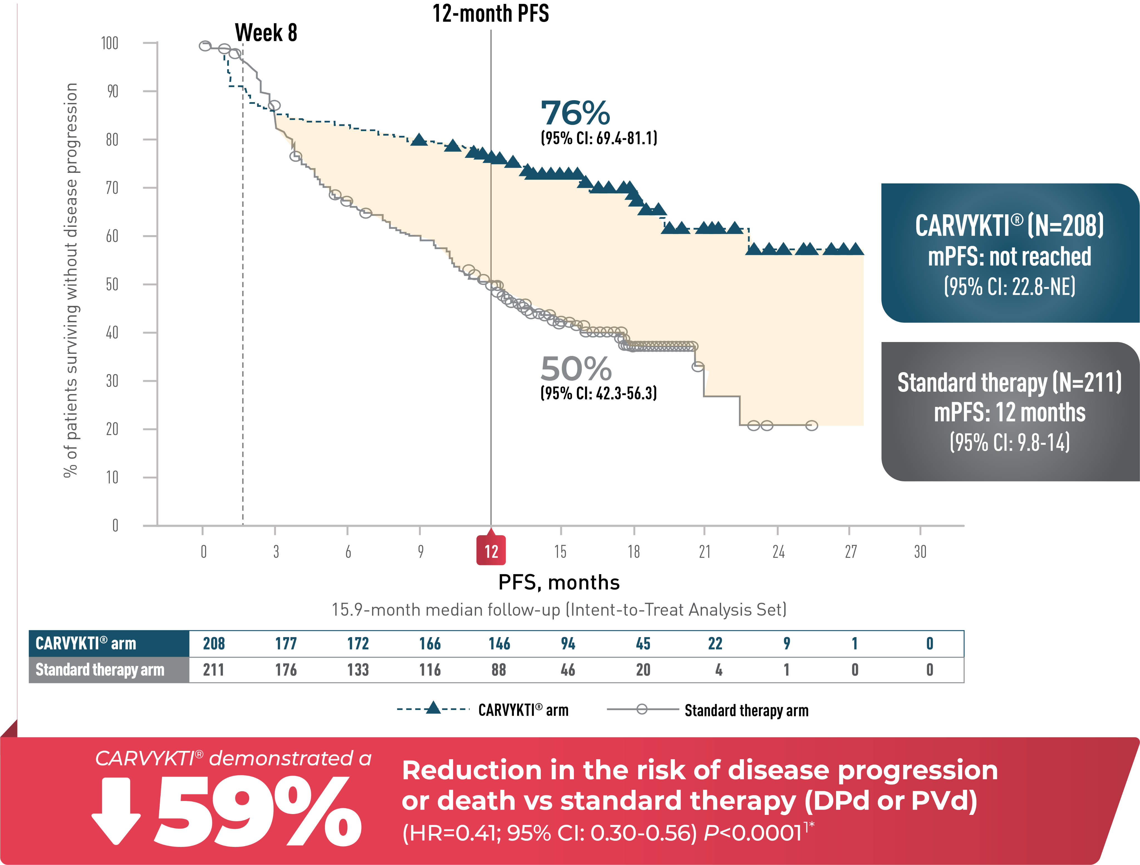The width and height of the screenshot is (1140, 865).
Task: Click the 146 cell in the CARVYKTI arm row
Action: click(499, 643)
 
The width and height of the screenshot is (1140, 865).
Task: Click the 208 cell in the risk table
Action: click(214, 643)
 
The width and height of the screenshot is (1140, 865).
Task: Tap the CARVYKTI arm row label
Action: click(85, 643)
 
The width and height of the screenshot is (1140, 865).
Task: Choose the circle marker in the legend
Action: click(642, 709)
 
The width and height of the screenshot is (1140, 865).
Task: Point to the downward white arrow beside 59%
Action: click(116, 811)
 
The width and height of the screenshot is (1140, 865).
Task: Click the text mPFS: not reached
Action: click(1009, 257)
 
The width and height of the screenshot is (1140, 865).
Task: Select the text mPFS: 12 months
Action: click(1009, 412)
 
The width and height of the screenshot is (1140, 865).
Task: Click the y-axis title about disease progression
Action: click(71, 281)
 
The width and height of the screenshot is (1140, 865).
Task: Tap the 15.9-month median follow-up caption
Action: click(559, 610)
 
